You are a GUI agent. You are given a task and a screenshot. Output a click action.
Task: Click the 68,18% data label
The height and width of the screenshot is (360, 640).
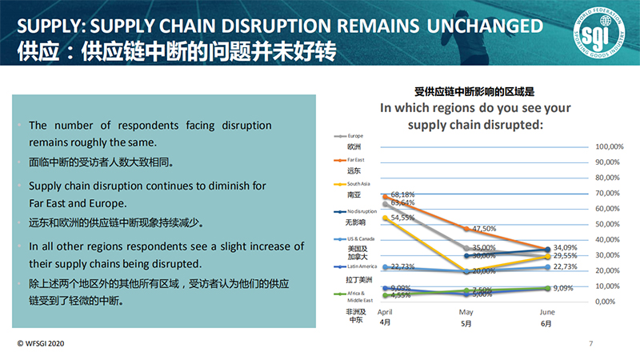402,194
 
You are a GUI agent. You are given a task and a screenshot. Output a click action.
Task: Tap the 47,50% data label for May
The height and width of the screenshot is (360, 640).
485,228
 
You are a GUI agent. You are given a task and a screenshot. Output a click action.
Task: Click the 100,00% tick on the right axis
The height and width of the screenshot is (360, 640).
610,147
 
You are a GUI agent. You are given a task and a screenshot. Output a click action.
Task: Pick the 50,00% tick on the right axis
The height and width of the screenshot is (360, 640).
609,225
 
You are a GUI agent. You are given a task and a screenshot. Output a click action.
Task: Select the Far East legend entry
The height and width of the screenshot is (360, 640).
356,161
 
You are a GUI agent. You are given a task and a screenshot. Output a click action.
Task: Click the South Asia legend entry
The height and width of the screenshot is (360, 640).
358,185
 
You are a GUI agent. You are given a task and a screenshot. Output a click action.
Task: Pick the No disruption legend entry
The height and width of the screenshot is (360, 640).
362,211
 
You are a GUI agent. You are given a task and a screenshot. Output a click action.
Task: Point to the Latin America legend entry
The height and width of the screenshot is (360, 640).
363,266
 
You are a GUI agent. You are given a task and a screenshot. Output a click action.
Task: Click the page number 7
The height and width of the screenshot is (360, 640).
590,344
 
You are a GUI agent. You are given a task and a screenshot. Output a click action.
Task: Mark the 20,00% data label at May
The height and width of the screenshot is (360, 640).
485,271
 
